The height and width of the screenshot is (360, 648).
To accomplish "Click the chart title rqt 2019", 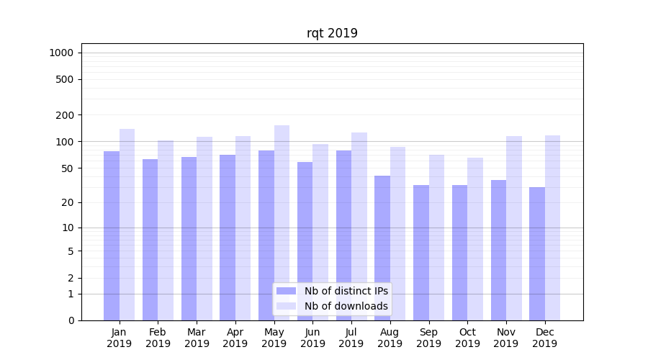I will (x=332, y=33).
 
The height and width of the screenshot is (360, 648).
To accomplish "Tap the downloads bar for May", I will (x=282, y=222).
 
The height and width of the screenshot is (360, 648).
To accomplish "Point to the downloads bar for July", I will (x=359, y=226).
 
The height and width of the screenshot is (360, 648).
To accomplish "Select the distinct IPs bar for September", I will (x=421, y=253).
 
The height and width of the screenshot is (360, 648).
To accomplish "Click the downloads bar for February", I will (x=166, y=230).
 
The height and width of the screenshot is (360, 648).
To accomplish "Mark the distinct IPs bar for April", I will (x=228, y=238).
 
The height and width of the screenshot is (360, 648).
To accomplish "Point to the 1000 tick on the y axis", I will (x=61, y=53).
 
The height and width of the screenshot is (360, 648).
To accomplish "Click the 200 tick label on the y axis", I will (x=66, y=115).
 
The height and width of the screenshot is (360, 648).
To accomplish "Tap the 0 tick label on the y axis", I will (x=71, y=320).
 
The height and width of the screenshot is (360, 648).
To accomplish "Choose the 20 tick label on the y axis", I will (x=68, y=202).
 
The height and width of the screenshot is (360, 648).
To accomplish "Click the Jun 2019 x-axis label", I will (x=312, y=338).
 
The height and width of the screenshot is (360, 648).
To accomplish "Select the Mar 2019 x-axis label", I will (x=197, y=338).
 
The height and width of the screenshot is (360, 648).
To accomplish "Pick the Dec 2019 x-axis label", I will (x=544, y=338).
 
